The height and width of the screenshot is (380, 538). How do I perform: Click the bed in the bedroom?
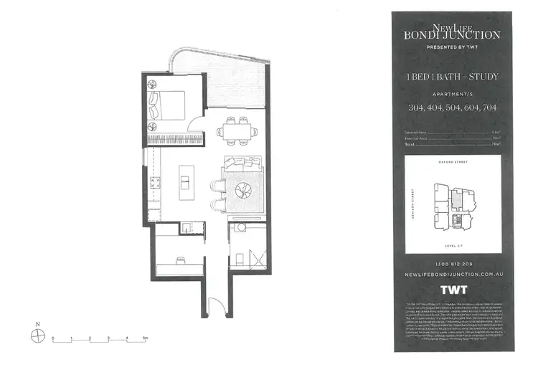[x=169, y=105]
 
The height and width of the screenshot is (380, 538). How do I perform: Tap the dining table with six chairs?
[x=237, y=130]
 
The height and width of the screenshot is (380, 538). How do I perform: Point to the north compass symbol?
[x=37, y=332]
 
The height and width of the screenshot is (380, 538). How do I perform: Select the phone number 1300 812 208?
[x=453, y=264]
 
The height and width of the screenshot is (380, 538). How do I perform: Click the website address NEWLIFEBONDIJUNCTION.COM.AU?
[x=453, y=275]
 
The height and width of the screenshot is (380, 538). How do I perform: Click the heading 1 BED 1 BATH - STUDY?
[x=453, y=77]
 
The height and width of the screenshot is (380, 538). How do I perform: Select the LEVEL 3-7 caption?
[x=453, y=244]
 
